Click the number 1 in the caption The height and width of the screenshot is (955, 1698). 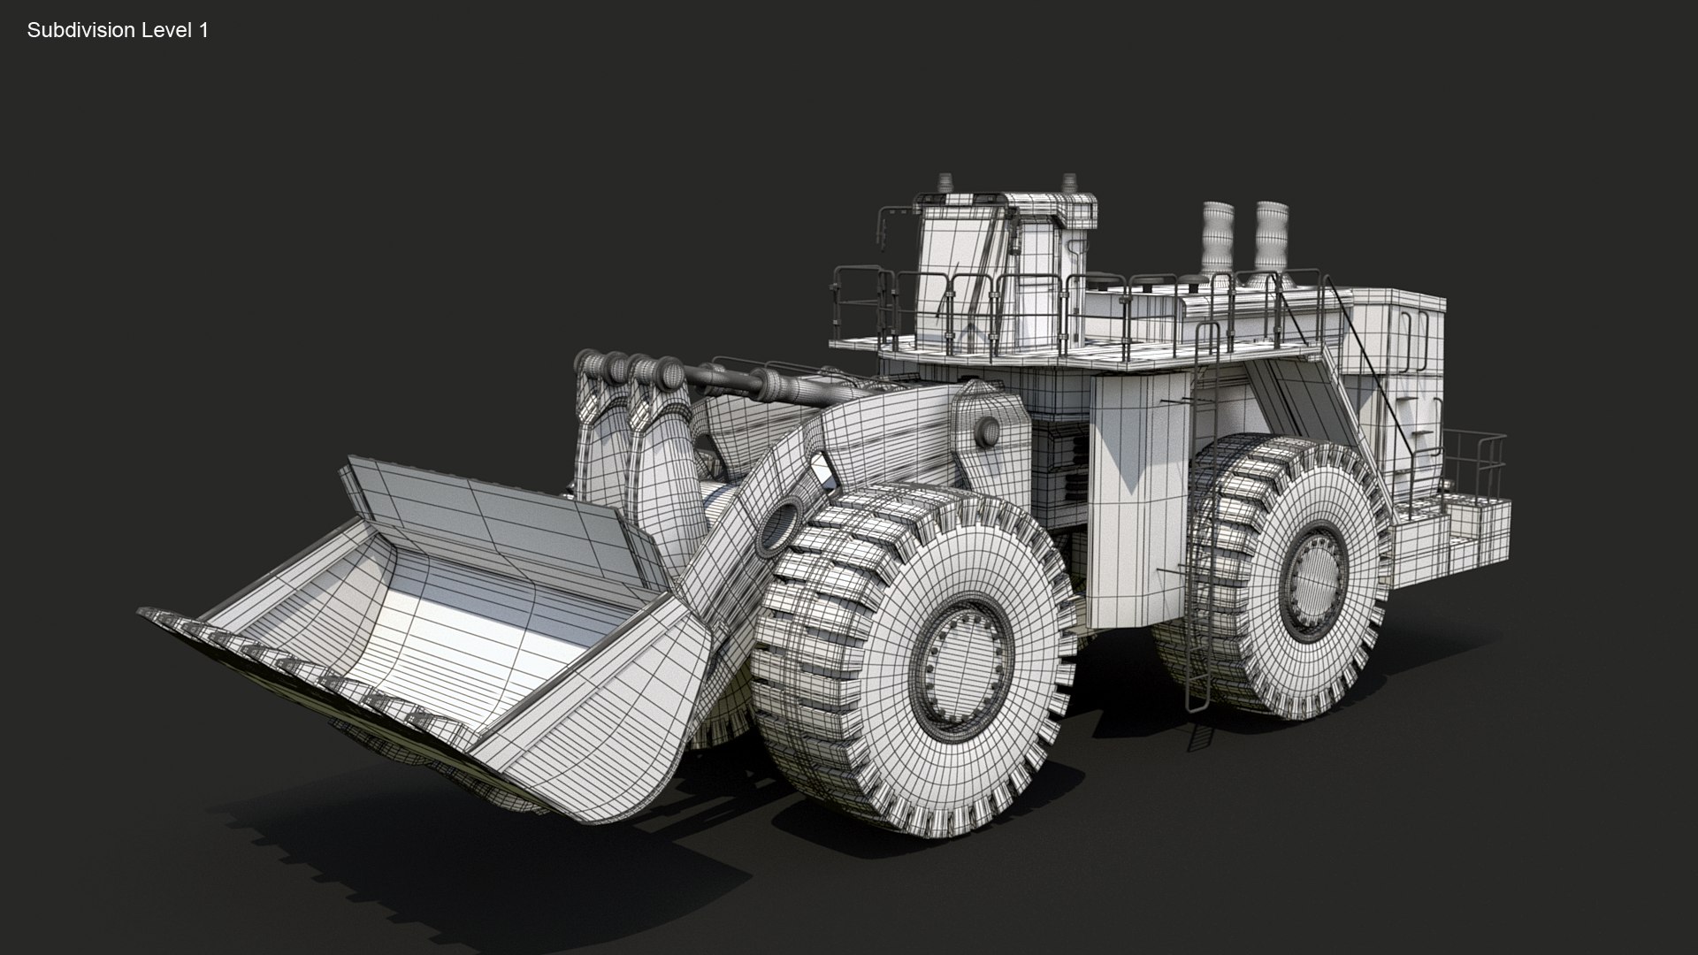click(x=204, y=30)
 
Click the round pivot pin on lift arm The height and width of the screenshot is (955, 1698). click(x=988, y=432)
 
